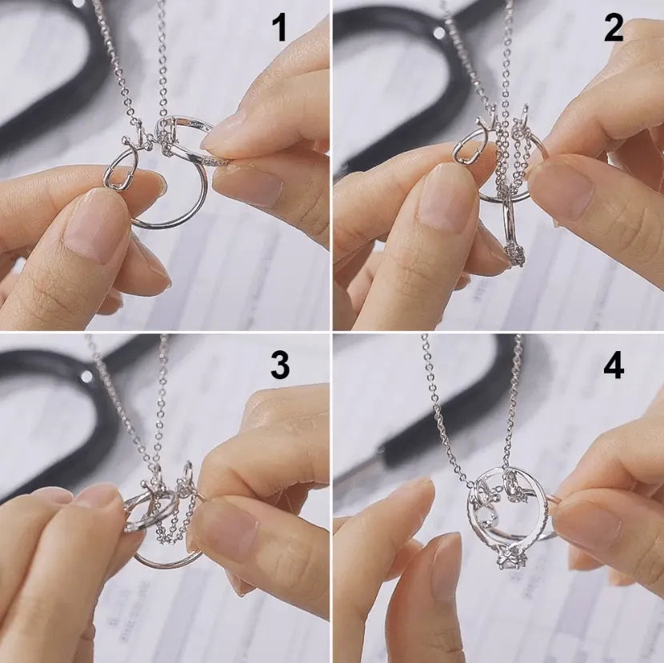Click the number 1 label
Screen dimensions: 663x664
(278, 29)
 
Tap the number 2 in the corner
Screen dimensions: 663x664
(614, 29)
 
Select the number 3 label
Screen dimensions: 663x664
(279, 365)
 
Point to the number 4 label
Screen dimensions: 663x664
(614, 365)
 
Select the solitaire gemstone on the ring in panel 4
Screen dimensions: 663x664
(510, 558)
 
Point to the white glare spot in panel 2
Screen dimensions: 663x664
(438, 33)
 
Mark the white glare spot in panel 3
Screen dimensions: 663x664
(86, 375)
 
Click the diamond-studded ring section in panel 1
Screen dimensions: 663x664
(210, 161)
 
